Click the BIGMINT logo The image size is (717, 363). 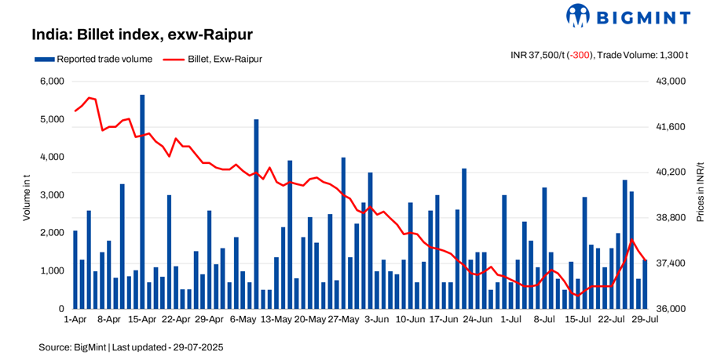point(628,16)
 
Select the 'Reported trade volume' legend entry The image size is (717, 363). point(93,59)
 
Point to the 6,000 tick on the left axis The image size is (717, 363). point(51,82)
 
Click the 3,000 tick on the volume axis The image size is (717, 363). point(51,195)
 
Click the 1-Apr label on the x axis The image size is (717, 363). point(75,320)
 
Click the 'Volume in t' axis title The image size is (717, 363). point(26,194)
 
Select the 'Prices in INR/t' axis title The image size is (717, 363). point(701,194)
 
